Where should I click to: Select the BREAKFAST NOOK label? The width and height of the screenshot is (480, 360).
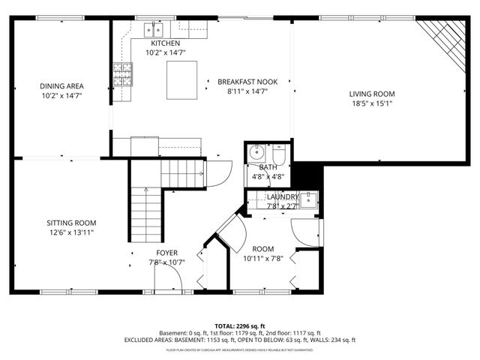coord(242,81)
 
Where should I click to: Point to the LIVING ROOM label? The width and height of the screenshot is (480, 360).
coord(371,94)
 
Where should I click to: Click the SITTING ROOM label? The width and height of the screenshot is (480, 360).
coord(71,223)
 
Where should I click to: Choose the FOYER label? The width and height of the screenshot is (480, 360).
coord(166,253)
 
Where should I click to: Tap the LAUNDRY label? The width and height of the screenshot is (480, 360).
coord(283,196)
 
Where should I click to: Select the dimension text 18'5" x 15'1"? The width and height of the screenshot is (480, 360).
coord(371,103)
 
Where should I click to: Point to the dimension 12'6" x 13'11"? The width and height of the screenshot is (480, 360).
coord(71,232)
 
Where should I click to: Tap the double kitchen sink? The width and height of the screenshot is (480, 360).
coord(155,29)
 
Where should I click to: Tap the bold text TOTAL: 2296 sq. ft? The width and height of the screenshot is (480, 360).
coord(239,326)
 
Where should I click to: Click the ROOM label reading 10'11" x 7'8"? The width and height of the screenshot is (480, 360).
coord(262,249)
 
